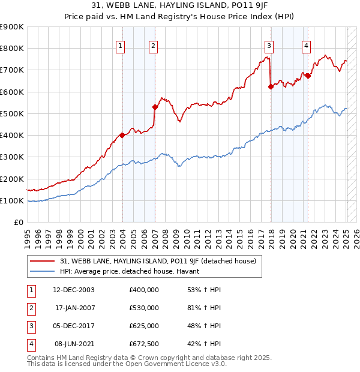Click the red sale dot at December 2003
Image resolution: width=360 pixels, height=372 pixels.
point(122,135)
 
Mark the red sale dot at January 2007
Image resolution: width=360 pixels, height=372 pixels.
point(155,107)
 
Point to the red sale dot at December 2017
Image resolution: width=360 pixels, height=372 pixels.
point(271,86)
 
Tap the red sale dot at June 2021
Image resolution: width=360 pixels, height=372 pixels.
point(308,76)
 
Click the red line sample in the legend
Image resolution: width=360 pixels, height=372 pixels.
point(43,261)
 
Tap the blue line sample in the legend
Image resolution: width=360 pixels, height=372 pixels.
point(43,271)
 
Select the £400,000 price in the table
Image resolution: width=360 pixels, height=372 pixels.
point(144,289)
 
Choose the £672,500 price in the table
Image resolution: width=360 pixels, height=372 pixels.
point(144,344)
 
